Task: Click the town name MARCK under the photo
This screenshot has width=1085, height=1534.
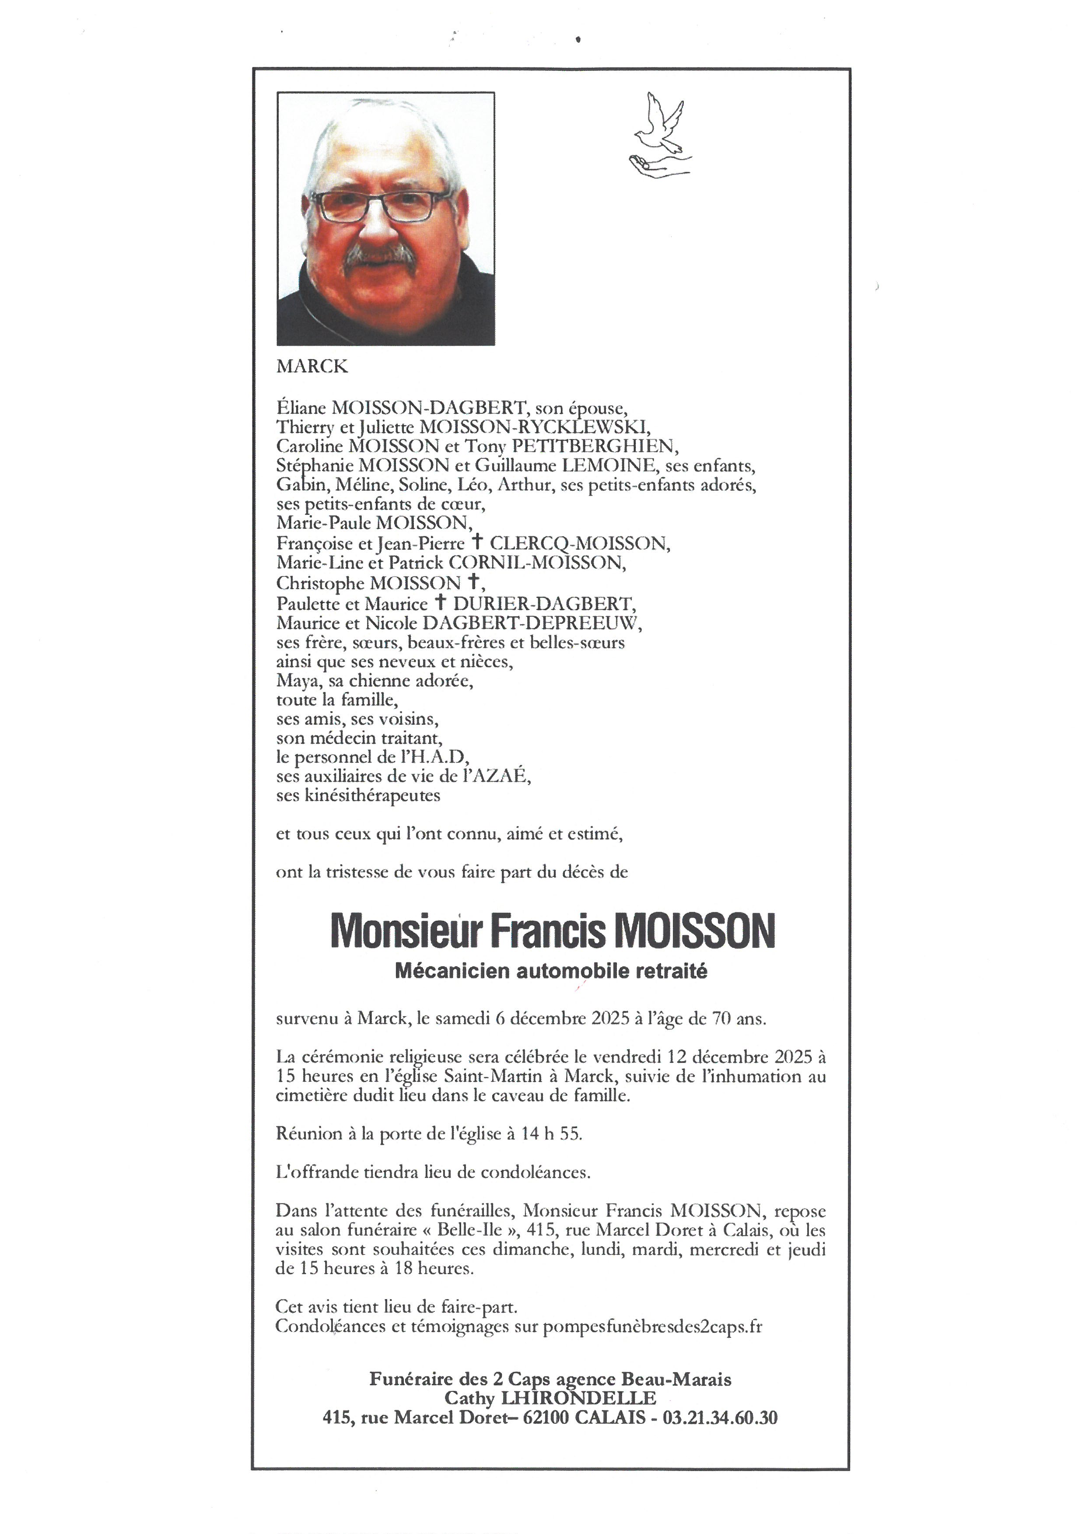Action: (312, 366)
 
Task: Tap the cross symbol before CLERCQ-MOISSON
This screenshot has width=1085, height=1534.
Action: (476, 542)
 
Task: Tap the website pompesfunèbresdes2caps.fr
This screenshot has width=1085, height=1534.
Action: (653, 1327)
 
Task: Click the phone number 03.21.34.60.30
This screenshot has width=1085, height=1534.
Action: (720, 1418)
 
